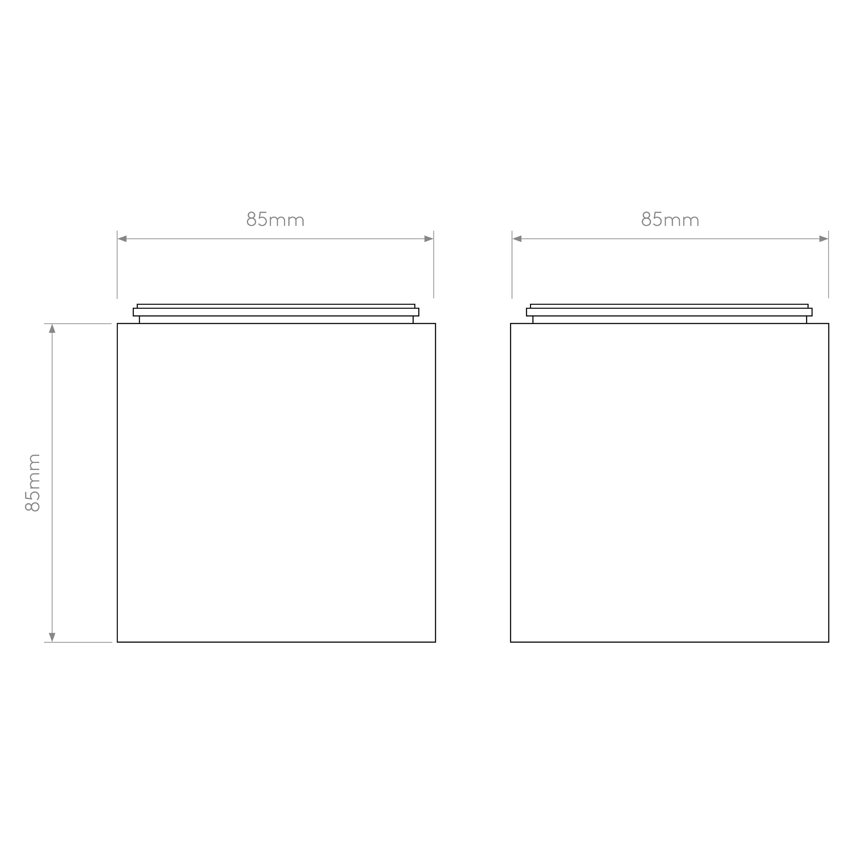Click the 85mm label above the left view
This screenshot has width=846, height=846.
[x=275, y=219]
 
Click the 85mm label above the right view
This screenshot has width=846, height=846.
[x=670, y=219]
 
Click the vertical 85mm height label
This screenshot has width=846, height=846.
[x=33, y=483]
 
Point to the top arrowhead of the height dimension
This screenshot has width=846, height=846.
[x=52, y=328]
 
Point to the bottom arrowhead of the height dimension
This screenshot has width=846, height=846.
[x=52, y=637]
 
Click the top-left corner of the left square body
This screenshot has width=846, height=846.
[x=117, y=324]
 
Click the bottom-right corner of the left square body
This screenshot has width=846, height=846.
[x=435, y=642]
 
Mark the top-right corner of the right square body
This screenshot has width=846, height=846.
[x=828, y=324]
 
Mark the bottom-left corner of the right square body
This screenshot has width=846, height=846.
[x=511, y=642]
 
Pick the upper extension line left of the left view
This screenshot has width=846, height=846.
[x=78, y=324]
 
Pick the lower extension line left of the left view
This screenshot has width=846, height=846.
[x=78, y=642]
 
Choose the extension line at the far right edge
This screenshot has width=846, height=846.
[x=828, y=265]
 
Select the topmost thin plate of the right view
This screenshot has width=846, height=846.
[x=669, y=306]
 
